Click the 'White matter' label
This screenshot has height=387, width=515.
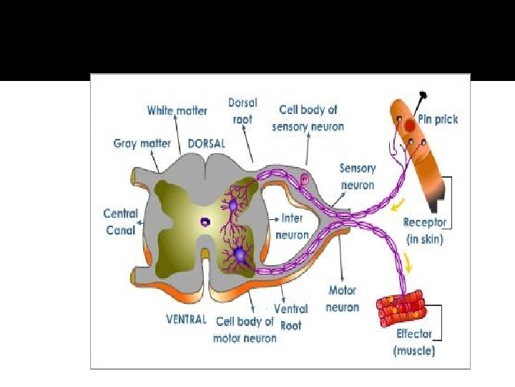coord(177,110)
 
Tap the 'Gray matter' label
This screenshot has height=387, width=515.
coord(142,143)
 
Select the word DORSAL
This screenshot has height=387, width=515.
coord(206,143)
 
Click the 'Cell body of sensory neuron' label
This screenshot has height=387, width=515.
coord(308,118)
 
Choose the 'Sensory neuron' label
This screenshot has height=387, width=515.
coord(357,176)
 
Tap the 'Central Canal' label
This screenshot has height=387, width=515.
coord(120,221)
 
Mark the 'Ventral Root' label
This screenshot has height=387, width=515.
coord(290,316)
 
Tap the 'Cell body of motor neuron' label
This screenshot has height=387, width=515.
coord(244,330)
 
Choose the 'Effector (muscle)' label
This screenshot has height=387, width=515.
coord(414,342)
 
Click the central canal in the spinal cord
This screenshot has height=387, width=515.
coord(205,222)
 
